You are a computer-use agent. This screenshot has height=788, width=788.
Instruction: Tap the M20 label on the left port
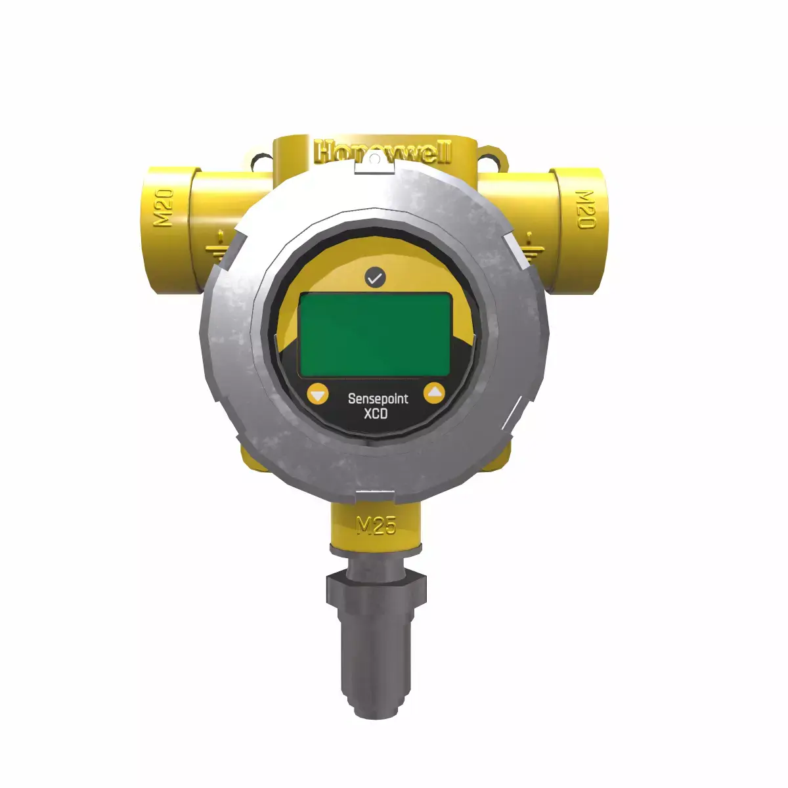pyautogui.click(x=164, y=207)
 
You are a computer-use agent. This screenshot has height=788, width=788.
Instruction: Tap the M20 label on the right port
pyautogui.click(x=584, y=209)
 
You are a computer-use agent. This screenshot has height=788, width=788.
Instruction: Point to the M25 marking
pyautogui.click(x=376, y=525)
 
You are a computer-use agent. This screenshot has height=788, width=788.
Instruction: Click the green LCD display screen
pyautogui.click(x=375, y=334)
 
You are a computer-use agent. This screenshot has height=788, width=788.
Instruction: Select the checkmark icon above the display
pyautogui.click(x=375, y=278)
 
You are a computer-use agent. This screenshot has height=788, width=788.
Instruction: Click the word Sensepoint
pyautogui.click(x=378, y=399)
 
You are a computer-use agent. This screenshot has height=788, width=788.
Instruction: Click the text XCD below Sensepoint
pyautogui.click(x=376, y=414)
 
